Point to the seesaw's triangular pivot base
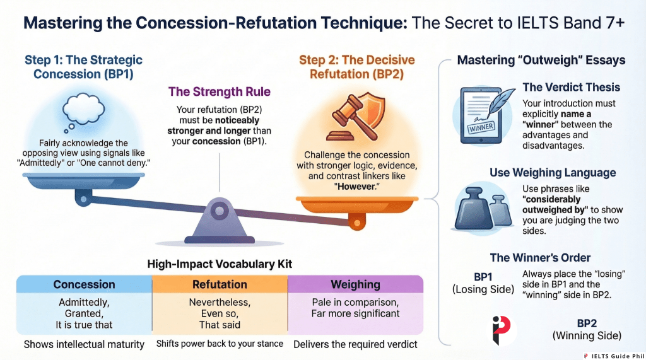(x=218, y=217)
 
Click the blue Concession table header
(x=84, y=284)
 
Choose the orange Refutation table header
(x=220, y=284)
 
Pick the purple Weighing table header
(x=355, y=284)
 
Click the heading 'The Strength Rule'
(x=219, y=92)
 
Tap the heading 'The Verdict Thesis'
(x=572, y=88)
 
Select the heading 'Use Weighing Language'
(x=553, y=173)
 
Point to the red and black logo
(x=503, y=329)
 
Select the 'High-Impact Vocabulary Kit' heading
(x=219, y=265)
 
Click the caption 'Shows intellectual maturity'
(x=85, y=344)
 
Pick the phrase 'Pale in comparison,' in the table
(x=355, y=302)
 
